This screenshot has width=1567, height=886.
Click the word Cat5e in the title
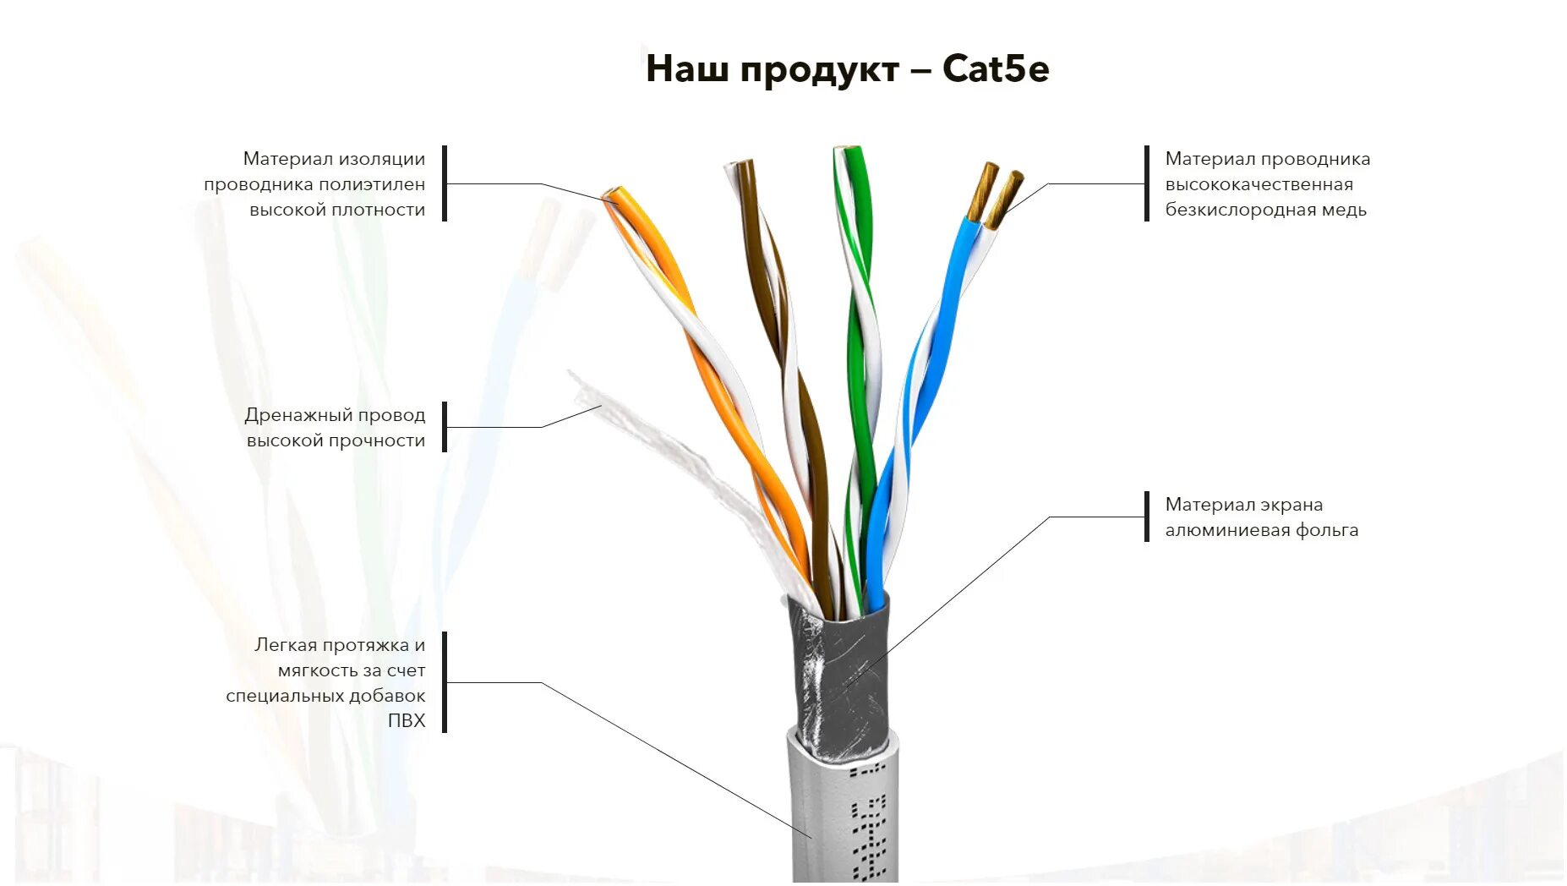(996, 68)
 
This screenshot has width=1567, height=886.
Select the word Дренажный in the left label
(298, 415)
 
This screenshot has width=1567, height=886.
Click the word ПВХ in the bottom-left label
(407, 721)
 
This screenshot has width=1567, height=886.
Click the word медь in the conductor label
(1344, 210)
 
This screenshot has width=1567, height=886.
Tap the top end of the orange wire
(614, 197)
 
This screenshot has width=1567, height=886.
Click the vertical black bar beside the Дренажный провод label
(445, 427)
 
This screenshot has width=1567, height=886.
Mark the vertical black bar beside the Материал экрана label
(1147, 517)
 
